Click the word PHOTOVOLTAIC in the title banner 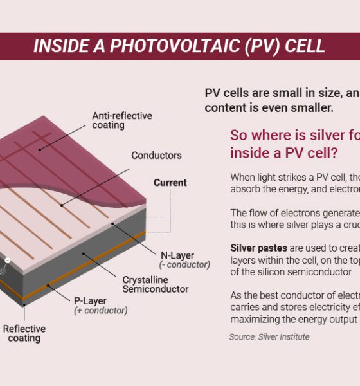(175, 46)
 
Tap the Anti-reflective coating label (122, 120)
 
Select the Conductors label (156, 156)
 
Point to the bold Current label (170, 183)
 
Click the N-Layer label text (177, 255)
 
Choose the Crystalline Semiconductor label (156, 284)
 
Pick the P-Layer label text (90, 301)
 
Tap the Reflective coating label (24, 333)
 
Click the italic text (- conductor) (184, 265)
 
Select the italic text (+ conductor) (101, 311)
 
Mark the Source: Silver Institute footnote (269, 336)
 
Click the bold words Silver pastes (259, 248)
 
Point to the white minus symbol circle (8, 260)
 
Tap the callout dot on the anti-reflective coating (40, 150)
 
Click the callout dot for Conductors (62, 205)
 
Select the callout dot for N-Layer (113, 224)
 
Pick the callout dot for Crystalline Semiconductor (84, 253)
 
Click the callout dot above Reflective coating (24, 305)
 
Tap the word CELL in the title (305, 46)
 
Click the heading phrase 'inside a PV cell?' (284, 153)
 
